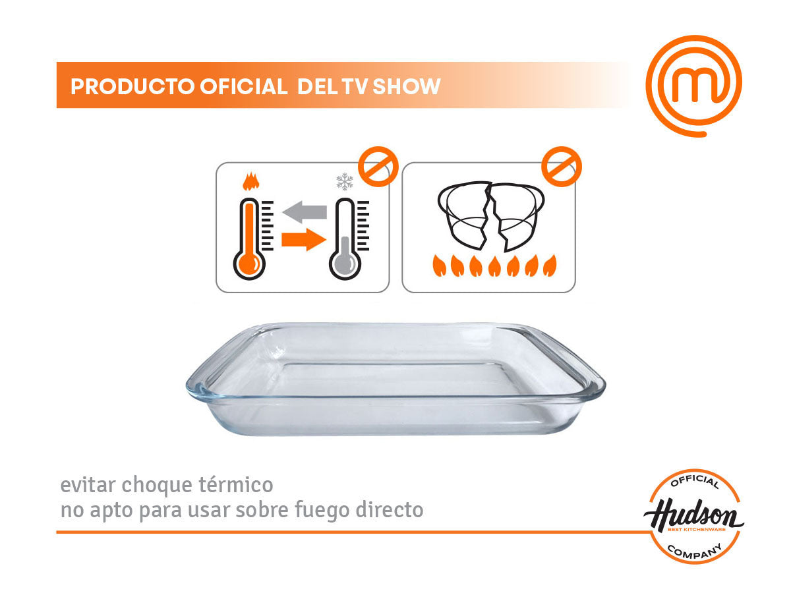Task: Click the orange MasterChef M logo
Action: [x=694, y=86]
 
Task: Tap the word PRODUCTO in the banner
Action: [x=132, y=86]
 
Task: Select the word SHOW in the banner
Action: [x=406, y=86]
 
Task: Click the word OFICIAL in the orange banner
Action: [x=244, y=86]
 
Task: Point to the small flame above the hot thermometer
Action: [x=251, y=181]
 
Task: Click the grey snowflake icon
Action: [x=345, y=181]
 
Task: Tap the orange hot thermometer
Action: [x=249, y=239]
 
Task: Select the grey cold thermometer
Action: [x=345, y=239]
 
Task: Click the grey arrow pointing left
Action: [x=305, y=212]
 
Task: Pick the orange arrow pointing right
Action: [x=304, y=239]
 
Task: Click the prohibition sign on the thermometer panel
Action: [x=378, y=166]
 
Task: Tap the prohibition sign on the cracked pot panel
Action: [x=562, y=166]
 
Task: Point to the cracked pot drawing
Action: [x=491, y=216]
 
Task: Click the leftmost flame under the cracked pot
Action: [x=439, y=266]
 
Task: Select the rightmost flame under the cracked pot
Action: [x=550, y=266]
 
